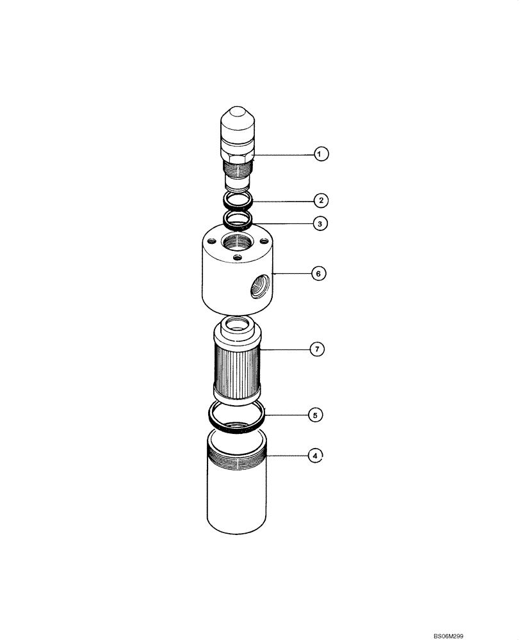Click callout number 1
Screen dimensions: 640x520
tap(321, 154)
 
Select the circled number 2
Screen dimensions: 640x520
tap(321, 200)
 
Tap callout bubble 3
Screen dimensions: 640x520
tap(321, 223)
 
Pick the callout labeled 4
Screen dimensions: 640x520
tap(314, 456)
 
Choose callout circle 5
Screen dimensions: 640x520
tap(314, 415)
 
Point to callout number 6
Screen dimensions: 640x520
tap(319, 273)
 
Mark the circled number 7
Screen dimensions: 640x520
tap(316, 349)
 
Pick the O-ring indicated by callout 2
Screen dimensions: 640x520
tap(238, 200)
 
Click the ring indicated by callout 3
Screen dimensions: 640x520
tap(238, 222)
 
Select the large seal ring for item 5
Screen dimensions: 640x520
tap(238, 416)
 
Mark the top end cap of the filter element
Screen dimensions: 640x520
tap(237, 332)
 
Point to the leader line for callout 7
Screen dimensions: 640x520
tap(284, 349)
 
